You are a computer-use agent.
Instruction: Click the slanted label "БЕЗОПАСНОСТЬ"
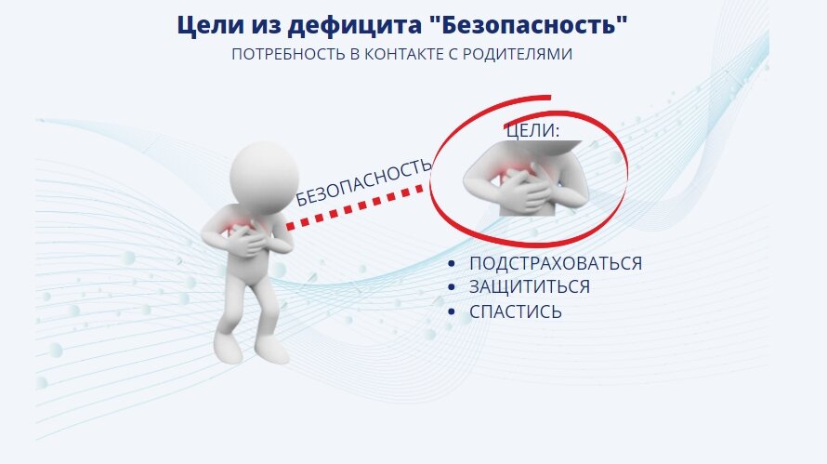[363, 181]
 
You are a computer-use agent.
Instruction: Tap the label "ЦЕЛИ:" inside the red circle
[532, 131]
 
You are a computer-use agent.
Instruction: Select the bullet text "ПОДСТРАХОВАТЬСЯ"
[556, 263]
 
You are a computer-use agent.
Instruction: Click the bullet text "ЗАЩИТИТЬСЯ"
[530, 287]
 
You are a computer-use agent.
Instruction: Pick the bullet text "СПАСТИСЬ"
[516, 312]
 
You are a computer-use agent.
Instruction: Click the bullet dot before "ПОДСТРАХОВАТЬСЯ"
[451, 264]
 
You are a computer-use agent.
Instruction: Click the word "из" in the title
[257, 24]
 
